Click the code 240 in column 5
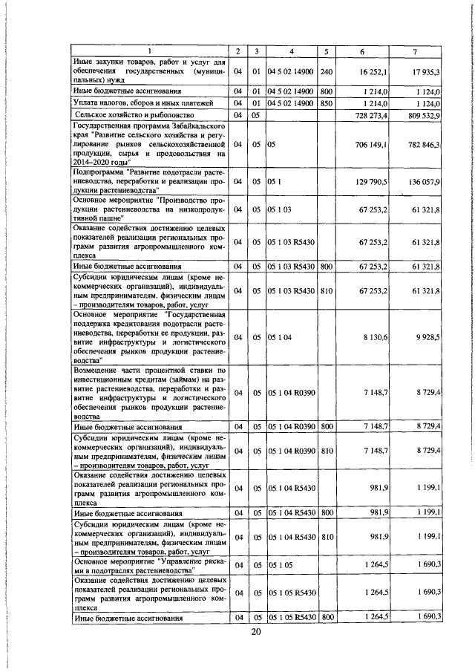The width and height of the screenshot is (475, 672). point(326,72)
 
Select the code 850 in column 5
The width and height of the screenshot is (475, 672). point(326,103)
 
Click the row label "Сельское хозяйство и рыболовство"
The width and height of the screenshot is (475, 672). point(134,116)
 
